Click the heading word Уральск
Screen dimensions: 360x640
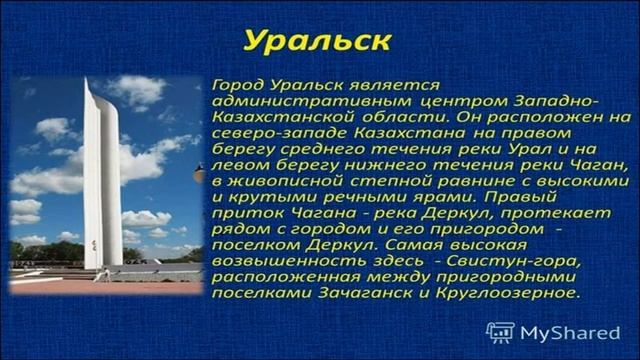coord(318,42)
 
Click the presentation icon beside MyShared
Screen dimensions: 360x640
coord(500,332)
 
